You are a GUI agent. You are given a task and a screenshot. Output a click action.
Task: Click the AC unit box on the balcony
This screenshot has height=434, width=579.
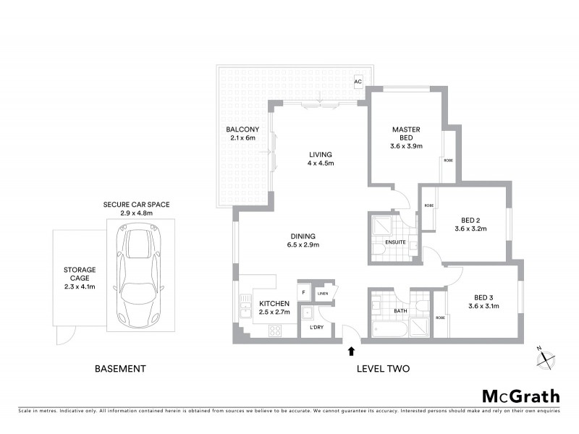[358, 81]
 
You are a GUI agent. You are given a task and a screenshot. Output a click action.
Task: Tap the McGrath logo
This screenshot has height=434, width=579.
[520, 396]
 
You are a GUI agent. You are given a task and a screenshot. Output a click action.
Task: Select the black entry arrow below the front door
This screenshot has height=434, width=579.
[352, 352]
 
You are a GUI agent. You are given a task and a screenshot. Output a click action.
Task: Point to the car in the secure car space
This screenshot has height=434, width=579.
[138, 276]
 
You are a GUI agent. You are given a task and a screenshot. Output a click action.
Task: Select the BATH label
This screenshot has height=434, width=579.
[400, 312]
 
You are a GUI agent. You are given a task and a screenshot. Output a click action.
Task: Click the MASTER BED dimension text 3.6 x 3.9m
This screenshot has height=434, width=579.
[406, 146]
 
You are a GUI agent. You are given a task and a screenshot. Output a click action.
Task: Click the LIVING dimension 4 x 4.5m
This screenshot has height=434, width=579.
[320, 163]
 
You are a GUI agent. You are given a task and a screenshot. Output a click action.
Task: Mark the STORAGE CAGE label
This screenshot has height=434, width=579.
[79, 275]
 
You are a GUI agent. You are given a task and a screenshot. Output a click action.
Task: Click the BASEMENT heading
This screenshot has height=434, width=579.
[121, 369]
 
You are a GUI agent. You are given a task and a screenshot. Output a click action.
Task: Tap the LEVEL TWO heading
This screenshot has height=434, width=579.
[383, 369]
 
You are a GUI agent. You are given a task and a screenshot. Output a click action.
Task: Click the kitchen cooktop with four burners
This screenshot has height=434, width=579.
[275, 331]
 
